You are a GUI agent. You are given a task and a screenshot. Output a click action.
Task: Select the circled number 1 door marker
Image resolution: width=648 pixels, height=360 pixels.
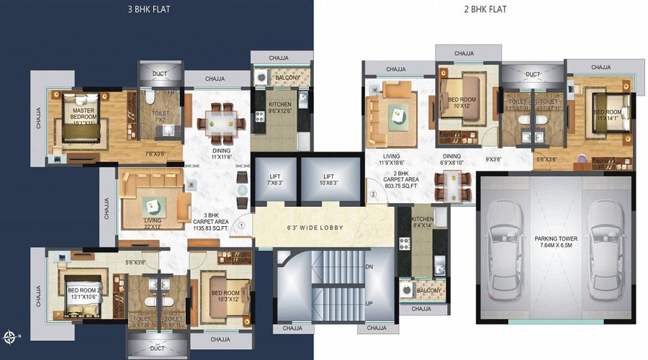click(242, 225)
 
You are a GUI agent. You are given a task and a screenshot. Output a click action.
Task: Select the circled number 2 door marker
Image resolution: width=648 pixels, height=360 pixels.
click(373, 194)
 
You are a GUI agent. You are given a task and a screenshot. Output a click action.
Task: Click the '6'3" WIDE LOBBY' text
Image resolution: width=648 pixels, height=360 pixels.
click(311, 228)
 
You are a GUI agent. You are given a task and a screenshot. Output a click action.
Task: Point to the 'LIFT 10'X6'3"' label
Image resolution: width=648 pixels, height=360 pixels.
click(328, 179)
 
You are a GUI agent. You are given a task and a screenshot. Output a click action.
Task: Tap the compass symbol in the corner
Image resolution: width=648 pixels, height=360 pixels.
click(9, 336)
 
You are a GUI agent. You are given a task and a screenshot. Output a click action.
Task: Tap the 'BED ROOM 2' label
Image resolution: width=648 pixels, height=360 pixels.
click(84, 293)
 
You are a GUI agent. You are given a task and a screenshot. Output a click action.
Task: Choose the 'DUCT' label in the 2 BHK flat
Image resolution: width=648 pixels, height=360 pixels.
click(533, 74)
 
